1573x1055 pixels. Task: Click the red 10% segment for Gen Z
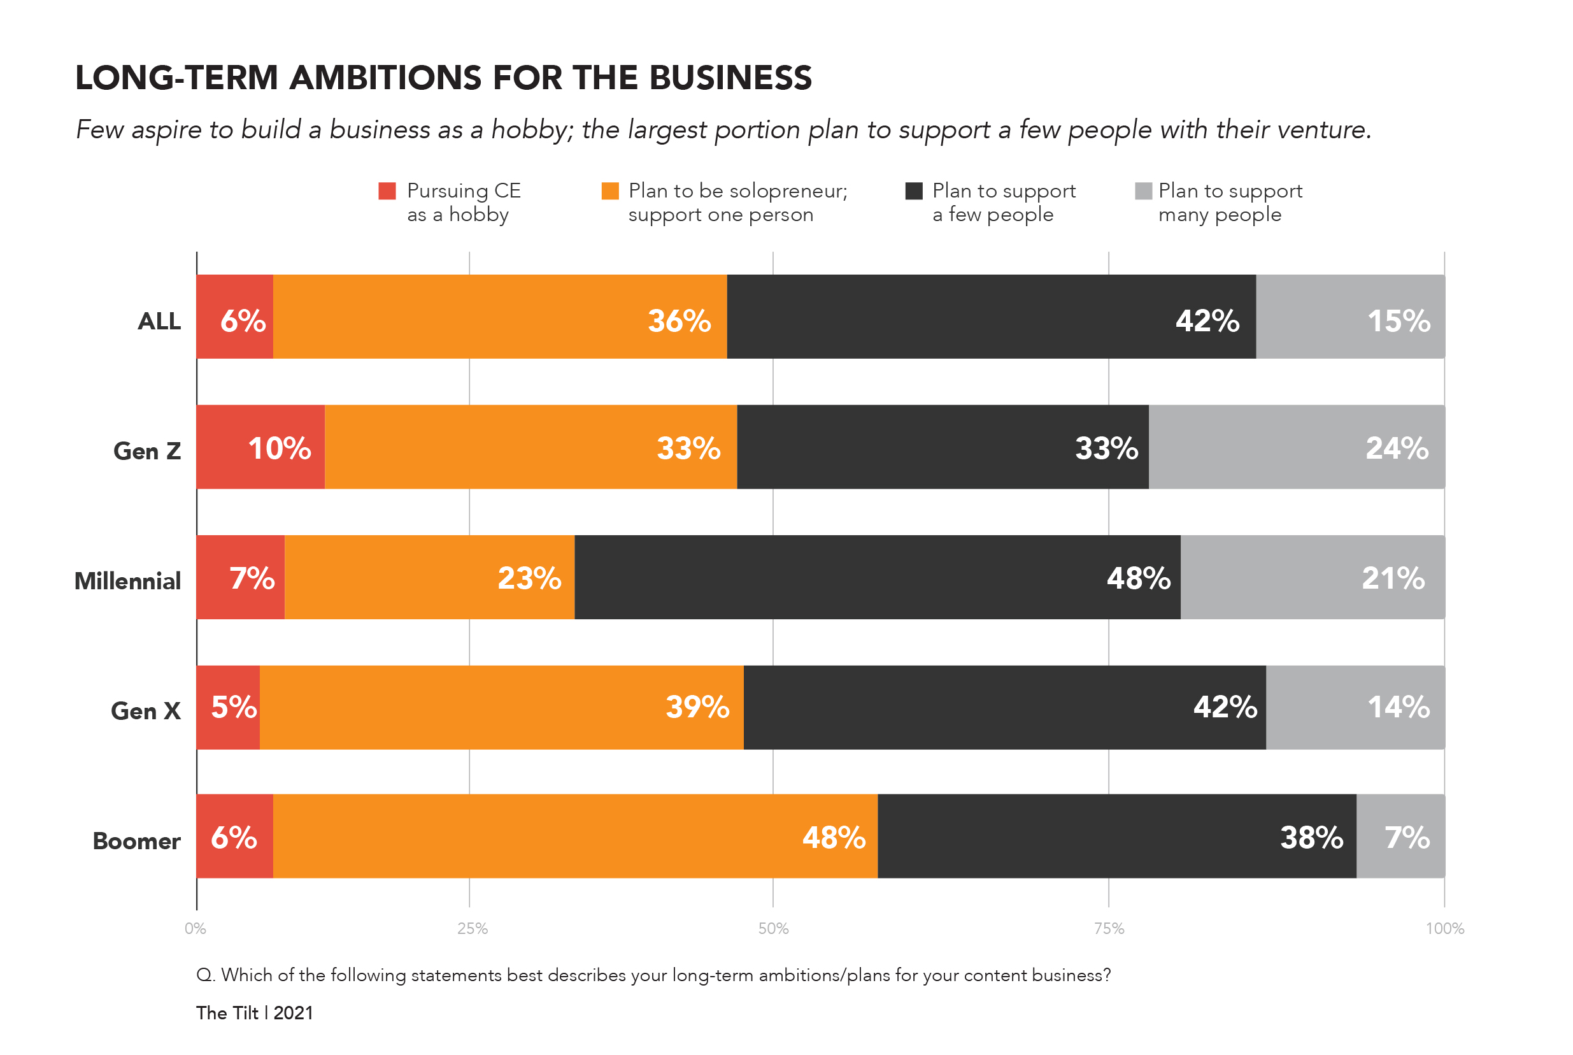click(x=260, y=447)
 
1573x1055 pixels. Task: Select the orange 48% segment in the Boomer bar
click(x=575, y=836)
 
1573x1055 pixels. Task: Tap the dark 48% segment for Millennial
click(x=877, y=577)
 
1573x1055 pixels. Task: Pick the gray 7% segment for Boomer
click(x=1400, y=836)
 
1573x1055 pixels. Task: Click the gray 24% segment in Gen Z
click(x=1296, y=447)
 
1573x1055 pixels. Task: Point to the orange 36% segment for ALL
click(x=500, y=316)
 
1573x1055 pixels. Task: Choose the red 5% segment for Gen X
click(x=228, y=707)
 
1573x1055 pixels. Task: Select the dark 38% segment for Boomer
click(x=1116, y=836)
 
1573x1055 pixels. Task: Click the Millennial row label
click(x=128, y=580)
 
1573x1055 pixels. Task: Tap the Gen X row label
click(x=146, y=710)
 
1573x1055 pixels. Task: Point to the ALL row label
click(x=159, y=321)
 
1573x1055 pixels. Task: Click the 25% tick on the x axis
click(x=472, y=928)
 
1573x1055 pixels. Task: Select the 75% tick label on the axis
click(x=1108, y=928)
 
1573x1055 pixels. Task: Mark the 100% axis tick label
click(x=1444, y=928)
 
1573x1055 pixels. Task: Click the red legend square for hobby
click(x=387, y=191)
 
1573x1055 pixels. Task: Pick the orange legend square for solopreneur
click(x=610, y=191)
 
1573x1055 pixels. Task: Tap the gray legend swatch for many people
click(x=1143, y=191)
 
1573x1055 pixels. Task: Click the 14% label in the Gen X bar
click(x=1398, y=707)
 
